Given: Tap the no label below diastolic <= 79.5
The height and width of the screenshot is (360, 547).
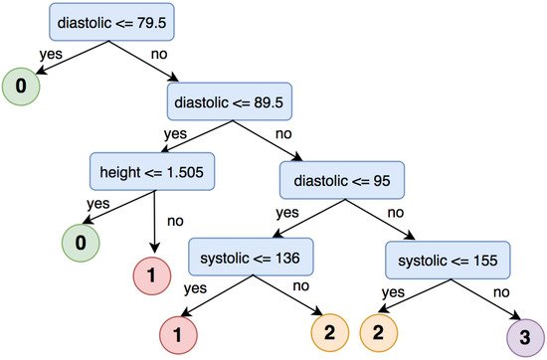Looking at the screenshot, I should [x=157, y=53].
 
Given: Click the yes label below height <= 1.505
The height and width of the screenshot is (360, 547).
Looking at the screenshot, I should [x=97, y=203].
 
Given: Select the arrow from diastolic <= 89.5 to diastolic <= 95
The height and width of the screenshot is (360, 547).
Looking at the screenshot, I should [x=295, y=145].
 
